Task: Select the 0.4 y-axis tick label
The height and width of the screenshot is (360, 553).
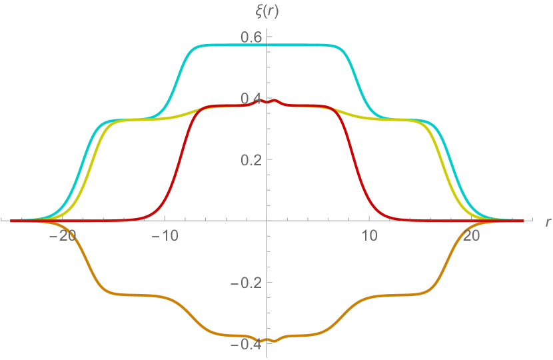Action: click(x=251, y=98)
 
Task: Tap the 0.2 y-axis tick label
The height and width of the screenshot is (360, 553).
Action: click(x=251, y=159)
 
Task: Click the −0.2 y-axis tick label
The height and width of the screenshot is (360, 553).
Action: click(x=247, y=282)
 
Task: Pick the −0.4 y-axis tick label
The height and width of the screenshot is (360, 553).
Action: click(x=247, y=343)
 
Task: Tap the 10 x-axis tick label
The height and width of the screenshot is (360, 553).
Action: click(x=369, y=235)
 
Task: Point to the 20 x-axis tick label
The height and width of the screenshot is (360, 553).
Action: click(x=471, y=235)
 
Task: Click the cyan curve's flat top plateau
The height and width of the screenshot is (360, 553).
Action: click(x=267, y=45)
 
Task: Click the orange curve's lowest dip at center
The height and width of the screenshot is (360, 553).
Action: click(x=267, y=340)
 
